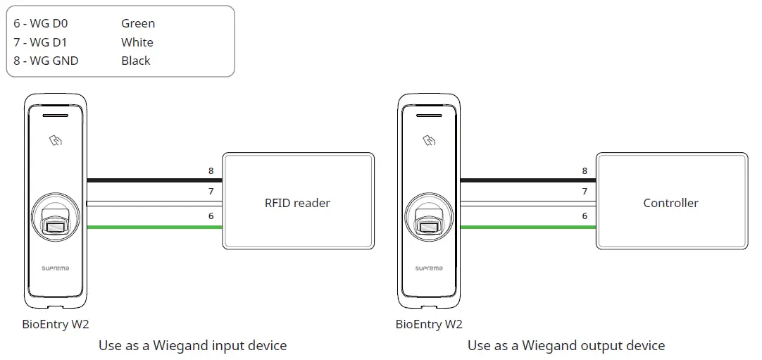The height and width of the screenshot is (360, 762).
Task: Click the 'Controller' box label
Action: point(670,203)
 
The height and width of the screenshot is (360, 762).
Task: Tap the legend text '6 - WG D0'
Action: point(41,24)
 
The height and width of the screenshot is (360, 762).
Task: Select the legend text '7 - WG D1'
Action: point(41,42)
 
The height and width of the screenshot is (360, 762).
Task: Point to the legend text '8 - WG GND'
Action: point(46,61)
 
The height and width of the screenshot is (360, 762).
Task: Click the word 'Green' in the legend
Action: point(137,24)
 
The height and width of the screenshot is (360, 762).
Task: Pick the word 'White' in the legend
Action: point(137,42)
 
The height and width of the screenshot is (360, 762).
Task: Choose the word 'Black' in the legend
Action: point(135,61)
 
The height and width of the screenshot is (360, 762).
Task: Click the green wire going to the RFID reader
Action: point(155,227)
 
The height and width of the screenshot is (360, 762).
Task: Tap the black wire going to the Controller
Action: point(528,180)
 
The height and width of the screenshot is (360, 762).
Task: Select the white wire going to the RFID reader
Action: point(155,204)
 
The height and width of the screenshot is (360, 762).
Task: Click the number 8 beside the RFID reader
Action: point(211,170)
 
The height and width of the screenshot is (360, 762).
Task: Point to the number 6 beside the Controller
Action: point(585,216)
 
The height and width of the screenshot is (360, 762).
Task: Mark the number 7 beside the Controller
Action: point(585,192)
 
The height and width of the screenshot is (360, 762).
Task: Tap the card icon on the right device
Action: point(429,140)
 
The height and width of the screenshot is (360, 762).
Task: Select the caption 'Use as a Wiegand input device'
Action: point(192,345)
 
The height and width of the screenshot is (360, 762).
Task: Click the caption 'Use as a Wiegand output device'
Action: point(566,345)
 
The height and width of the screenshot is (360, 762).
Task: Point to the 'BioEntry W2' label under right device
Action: point(429,324)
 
